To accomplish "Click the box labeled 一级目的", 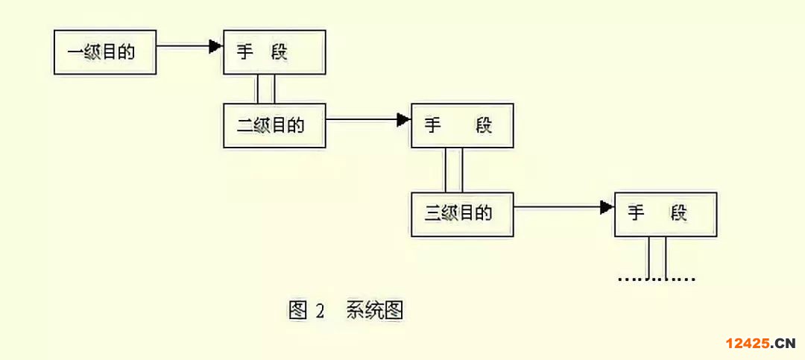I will (x=105, y=52).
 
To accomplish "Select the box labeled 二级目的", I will (x=274, y=125).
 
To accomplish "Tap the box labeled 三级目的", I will (x=462, y=215).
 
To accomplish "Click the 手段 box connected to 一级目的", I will (x=274, y=52).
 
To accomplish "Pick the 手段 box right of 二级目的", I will (x=462, y=125).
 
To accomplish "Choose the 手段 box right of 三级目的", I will (x=665, y=215).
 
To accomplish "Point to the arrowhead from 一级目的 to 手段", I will (x=216, y=46).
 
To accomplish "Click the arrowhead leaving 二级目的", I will (x=404, y=119).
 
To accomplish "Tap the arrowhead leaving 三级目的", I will (x=607, y=207).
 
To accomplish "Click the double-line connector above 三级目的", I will (x=454, y=170).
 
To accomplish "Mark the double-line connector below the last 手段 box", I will (x=657, y=257).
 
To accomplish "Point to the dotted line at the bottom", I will (x=657, y=280).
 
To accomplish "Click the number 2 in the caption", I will (x=320, y=311).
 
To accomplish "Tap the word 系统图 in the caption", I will (x=374, y=311).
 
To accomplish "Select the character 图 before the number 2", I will (x=297, y=311).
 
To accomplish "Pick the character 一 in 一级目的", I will (x=75, y=53).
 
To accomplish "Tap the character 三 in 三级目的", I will (x=433, y=215).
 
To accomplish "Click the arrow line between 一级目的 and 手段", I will (x=183, y=46).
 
